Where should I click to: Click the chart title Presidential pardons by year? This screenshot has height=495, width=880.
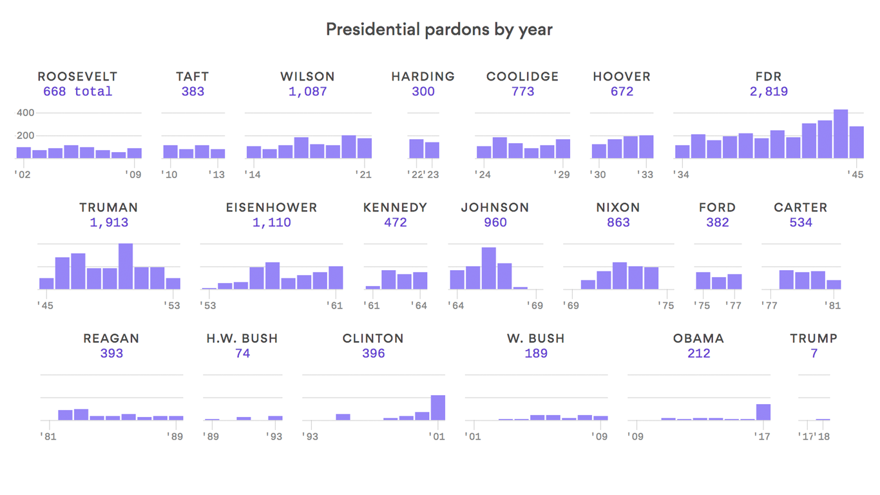(439, 30)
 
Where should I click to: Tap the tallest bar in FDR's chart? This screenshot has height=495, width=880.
(840, 134)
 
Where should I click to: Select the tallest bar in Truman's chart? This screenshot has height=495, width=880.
(126, 266)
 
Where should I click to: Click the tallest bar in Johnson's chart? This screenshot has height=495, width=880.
(488, 268)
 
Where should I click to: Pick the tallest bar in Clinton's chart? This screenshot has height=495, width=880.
(437, 407)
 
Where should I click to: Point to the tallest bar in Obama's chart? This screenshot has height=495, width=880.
(763, 412)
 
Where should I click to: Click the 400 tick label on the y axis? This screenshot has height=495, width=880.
(25, 113)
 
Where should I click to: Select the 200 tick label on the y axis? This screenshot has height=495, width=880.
(25, 135)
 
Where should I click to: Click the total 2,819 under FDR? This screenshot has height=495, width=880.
(768, 92)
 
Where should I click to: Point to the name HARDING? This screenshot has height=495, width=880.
(423, 77)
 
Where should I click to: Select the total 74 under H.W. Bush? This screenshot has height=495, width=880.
(242, 353)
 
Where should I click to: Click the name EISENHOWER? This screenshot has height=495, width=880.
(271, 208)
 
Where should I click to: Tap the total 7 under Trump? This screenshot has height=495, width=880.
(814, 353)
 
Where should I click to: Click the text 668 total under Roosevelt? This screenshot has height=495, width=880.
(77, 92)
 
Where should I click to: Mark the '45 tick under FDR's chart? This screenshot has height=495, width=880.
(856, 174)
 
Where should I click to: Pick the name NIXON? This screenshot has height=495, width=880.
(618, 208)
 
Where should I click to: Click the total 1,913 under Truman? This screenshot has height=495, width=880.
(109, 222)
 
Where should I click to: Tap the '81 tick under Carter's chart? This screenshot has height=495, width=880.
(834, 305)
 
